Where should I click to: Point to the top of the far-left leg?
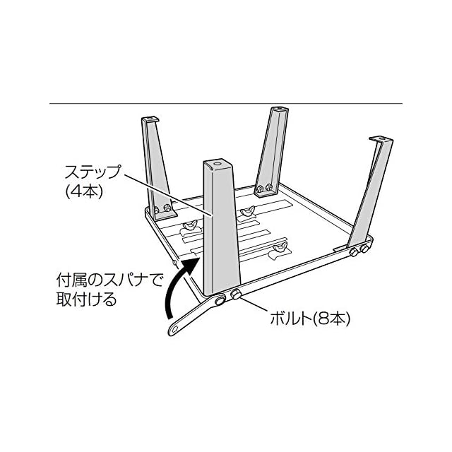click(151, 121)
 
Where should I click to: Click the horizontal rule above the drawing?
click(226, 104)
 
